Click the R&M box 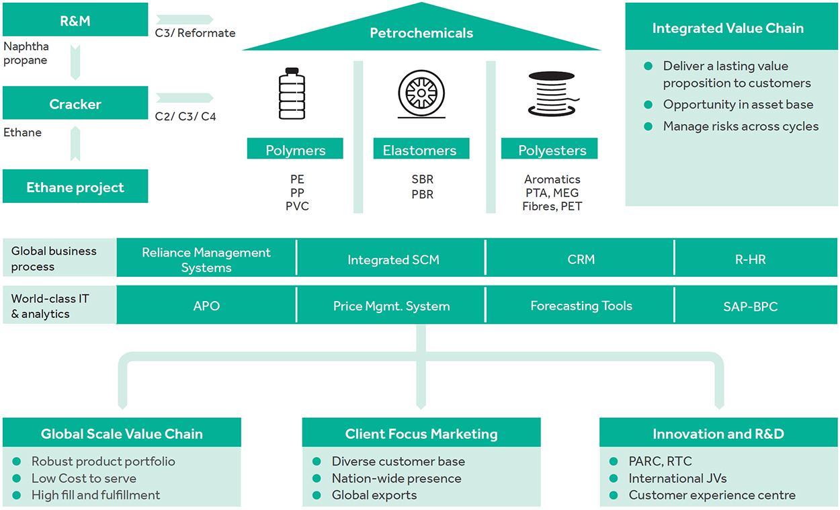[75, 20]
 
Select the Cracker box [75, 104]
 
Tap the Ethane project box [75, 187]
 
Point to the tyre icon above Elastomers [421, 95]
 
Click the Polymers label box [295, 150]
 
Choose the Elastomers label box [421, 150]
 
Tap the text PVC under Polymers [296, 206]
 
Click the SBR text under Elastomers [423, 179]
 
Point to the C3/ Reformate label [195, 32]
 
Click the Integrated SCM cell [393, 259]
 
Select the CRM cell [581, 259]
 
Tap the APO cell [206, 306]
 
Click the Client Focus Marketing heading [421, 434]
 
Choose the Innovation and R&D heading [718, 434]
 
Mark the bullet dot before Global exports [317, 496]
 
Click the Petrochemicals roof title [421, 32]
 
